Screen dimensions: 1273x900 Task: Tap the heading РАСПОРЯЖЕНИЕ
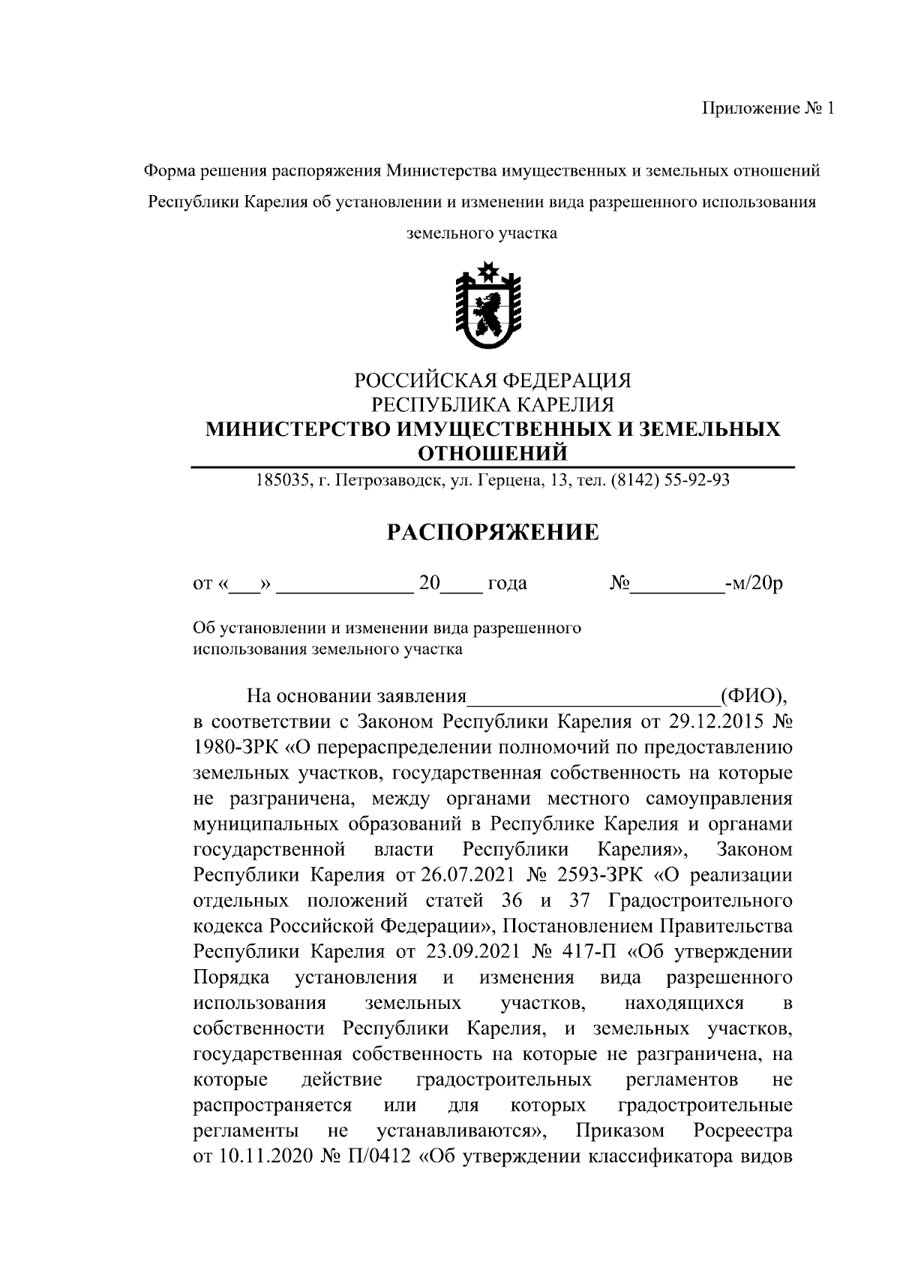[493, 533]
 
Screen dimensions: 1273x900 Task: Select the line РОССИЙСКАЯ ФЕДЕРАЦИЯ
[493, 380]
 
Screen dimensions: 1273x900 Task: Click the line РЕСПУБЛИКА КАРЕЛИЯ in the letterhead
[493, 405]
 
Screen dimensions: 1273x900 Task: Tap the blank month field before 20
[345, 584]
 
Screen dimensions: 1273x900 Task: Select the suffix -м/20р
[754, 584]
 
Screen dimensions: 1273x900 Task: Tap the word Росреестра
[742, 1130]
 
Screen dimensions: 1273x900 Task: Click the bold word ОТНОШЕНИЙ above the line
[492, 453]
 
